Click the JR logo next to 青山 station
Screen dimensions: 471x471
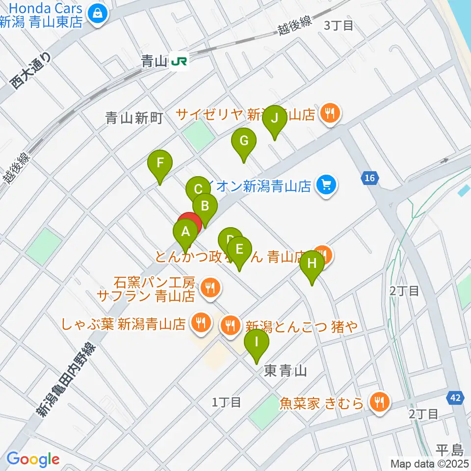click(x=178, y=61)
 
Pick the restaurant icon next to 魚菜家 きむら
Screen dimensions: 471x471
click(x=378, y=402)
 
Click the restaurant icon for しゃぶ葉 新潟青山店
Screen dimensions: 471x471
click(x=200, y=323)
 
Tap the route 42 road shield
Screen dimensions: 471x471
click(x=456, y=398)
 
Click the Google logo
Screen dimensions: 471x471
click(x=32, y=459)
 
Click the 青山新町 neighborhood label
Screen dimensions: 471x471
click(x=133, y=117)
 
